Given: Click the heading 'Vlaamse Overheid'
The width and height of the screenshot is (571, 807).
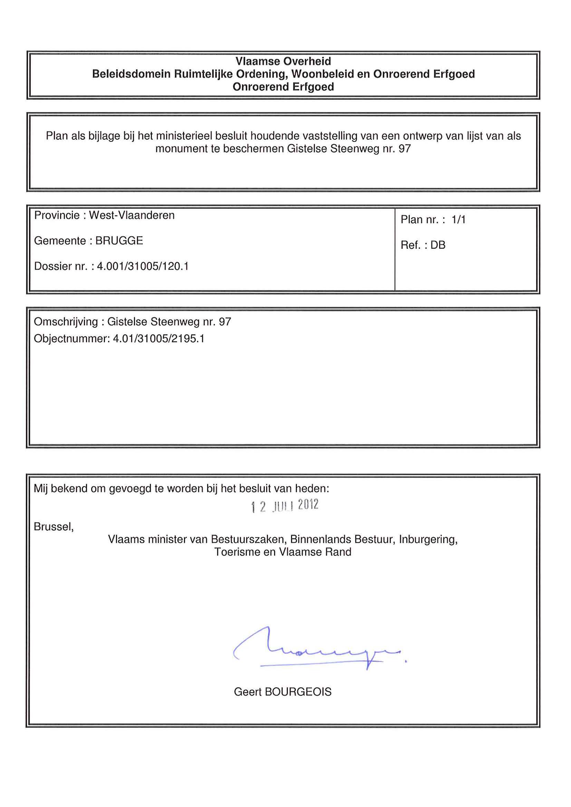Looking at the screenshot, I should (x=283, y=61).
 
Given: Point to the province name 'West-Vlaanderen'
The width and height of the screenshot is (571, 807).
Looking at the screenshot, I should (x=132, y=215).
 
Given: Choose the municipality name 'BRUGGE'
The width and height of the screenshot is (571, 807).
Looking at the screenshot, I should (x=119, y=241).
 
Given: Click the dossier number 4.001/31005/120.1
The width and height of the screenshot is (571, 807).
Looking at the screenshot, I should (x=143, y=266).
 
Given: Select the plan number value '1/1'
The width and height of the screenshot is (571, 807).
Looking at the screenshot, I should (x=458, y=220).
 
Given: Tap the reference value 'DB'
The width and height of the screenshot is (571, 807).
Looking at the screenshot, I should (x=438, y=245).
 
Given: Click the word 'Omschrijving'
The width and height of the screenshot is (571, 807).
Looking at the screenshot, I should (x=66, y=322).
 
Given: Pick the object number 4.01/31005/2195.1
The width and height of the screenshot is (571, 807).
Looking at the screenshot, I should (x=158, y=338).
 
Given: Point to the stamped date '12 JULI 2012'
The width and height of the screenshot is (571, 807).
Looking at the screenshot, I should (x=285, y=506).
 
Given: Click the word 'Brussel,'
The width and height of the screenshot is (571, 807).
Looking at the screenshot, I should (x=54, y=526).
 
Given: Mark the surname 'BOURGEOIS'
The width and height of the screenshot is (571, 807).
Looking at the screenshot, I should (x=298, y=692).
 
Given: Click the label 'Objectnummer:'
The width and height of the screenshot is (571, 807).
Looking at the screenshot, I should (x=72, y=338).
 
